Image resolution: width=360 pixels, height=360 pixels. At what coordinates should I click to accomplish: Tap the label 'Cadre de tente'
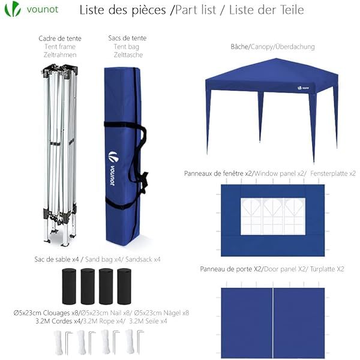tap(59, 38)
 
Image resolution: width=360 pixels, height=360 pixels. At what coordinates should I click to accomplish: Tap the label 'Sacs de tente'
tap(127, 38)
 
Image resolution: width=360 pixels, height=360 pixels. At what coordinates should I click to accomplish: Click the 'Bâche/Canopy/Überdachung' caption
tap(272, 47)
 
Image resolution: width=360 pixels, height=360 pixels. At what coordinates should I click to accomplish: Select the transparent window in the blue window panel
tap(272, 216)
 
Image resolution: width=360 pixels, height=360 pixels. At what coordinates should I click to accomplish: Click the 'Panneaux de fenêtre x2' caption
tap(218, 173)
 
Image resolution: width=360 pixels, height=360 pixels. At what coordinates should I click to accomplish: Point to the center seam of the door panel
tap(274, 321)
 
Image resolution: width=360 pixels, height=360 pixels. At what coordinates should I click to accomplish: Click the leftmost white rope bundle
tap(59, 341)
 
